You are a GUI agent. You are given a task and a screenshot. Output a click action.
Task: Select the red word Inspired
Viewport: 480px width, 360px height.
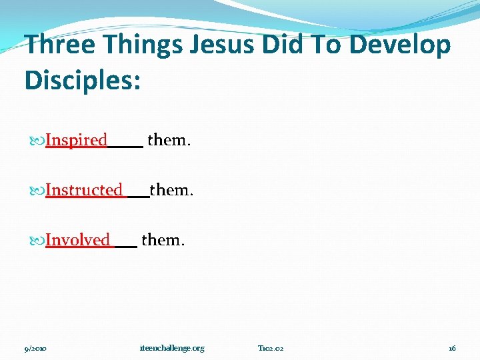pyautogui.click(x=76, y=141)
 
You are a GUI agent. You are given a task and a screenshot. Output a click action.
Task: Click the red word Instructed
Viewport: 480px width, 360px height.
pyautogui.click(x=84, y=191)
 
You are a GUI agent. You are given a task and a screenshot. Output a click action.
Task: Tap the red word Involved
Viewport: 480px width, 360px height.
pyautogui.click(x=77, y=240)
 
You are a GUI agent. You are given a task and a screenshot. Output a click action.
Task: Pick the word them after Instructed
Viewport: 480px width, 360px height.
pyautogui.click(x=172, y=190)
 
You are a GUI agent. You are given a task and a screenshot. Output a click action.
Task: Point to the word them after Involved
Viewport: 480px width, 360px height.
pyautogui.click(x=163, y=239)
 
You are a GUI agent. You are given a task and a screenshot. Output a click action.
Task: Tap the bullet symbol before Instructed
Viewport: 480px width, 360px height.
pyautogui.click(x=37, y=191)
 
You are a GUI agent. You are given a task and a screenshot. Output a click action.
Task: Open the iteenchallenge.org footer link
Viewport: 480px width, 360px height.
pyautogui.click(x=172, y=348)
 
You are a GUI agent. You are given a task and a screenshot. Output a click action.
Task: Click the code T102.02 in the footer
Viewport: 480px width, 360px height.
pyautogui.click(x=271, y=348)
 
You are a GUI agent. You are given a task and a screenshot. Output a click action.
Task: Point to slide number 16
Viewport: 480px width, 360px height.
pyautogui.click(x=452, y=348)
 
